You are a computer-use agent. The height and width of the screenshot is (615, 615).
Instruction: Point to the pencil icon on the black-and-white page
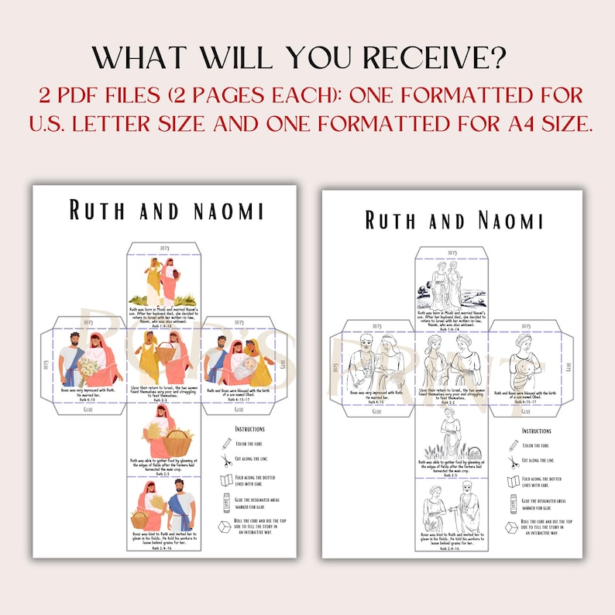point(514,445)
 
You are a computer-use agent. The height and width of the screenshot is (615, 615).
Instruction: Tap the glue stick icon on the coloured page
point(225,503)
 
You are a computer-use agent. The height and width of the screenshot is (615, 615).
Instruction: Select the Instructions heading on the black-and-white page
point(537,430)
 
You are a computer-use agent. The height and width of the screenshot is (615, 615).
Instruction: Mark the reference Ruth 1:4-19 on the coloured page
point(161,327)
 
